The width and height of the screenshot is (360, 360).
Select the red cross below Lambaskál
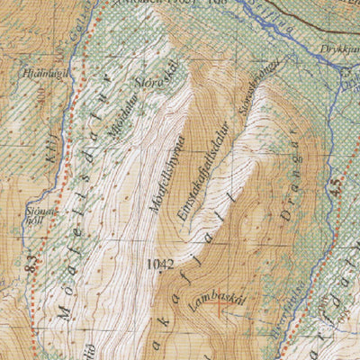[219, 310]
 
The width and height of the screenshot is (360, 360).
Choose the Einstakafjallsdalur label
[203, 167]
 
